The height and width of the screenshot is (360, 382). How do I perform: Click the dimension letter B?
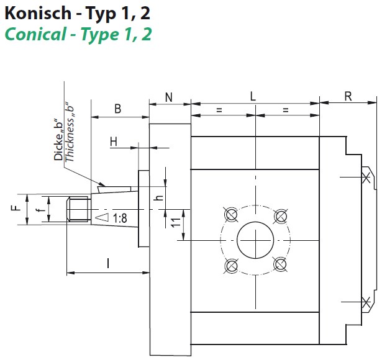click(117, 109)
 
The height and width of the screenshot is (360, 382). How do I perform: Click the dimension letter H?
click(114, 142)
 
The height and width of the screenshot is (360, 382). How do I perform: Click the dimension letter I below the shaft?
click(108, 264)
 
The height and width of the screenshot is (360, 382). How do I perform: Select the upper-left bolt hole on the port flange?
click(231, 215)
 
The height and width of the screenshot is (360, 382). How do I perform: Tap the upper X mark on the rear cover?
click(365, 178)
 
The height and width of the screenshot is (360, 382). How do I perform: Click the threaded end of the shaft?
click(77, 209)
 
